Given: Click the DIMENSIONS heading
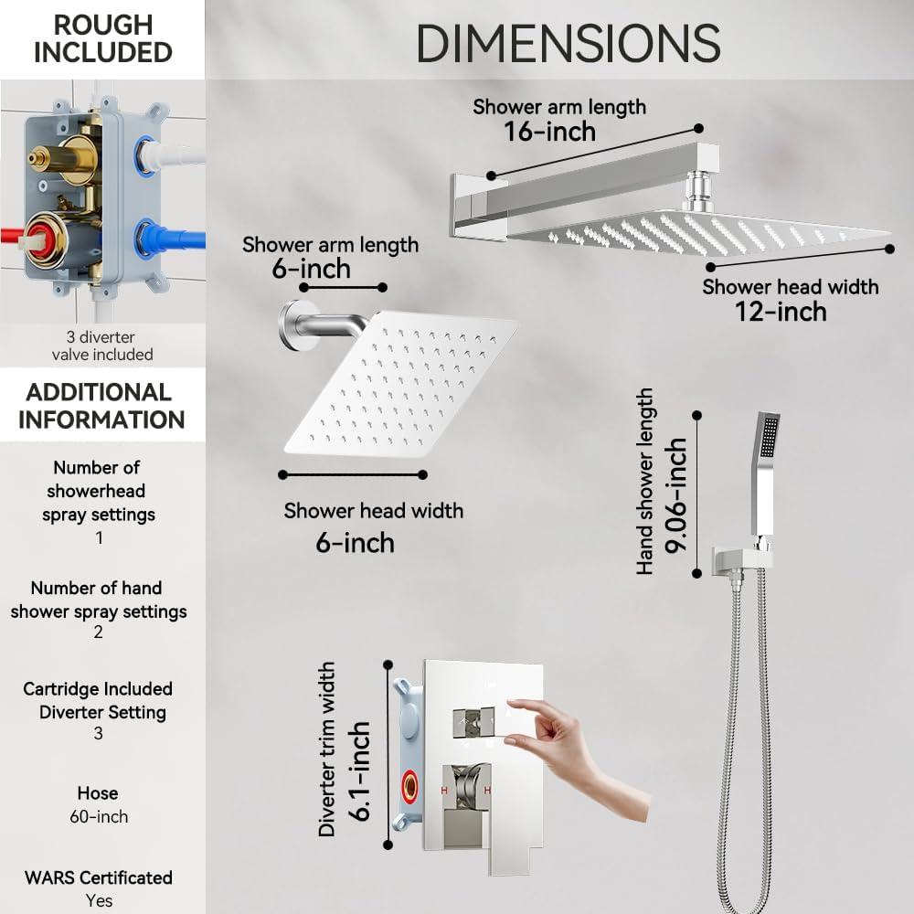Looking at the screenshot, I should coord(568,42).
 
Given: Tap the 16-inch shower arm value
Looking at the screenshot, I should coord(549,132).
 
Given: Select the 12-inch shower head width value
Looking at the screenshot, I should coord(781,311).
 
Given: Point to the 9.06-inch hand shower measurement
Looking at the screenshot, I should coord(677,495).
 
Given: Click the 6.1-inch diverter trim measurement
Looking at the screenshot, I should coord(358,771).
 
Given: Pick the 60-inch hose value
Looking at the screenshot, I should coord(99,816).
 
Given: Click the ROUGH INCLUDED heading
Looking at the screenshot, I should coord(102,37).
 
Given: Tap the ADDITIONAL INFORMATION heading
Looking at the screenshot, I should coord(101,406).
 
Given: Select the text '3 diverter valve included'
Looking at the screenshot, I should coord(101,345).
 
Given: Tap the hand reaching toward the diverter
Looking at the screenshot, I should coord(567,740).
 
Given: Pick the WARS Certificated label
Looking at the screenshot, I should coord(99,877).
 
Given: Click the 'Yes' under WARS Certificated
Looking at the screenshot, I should coord(99,900).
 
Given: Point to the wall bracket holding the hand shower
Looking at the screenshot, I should coord(735,558).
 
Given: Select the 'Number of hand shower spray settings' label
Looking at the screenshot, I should coord(99,600).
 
